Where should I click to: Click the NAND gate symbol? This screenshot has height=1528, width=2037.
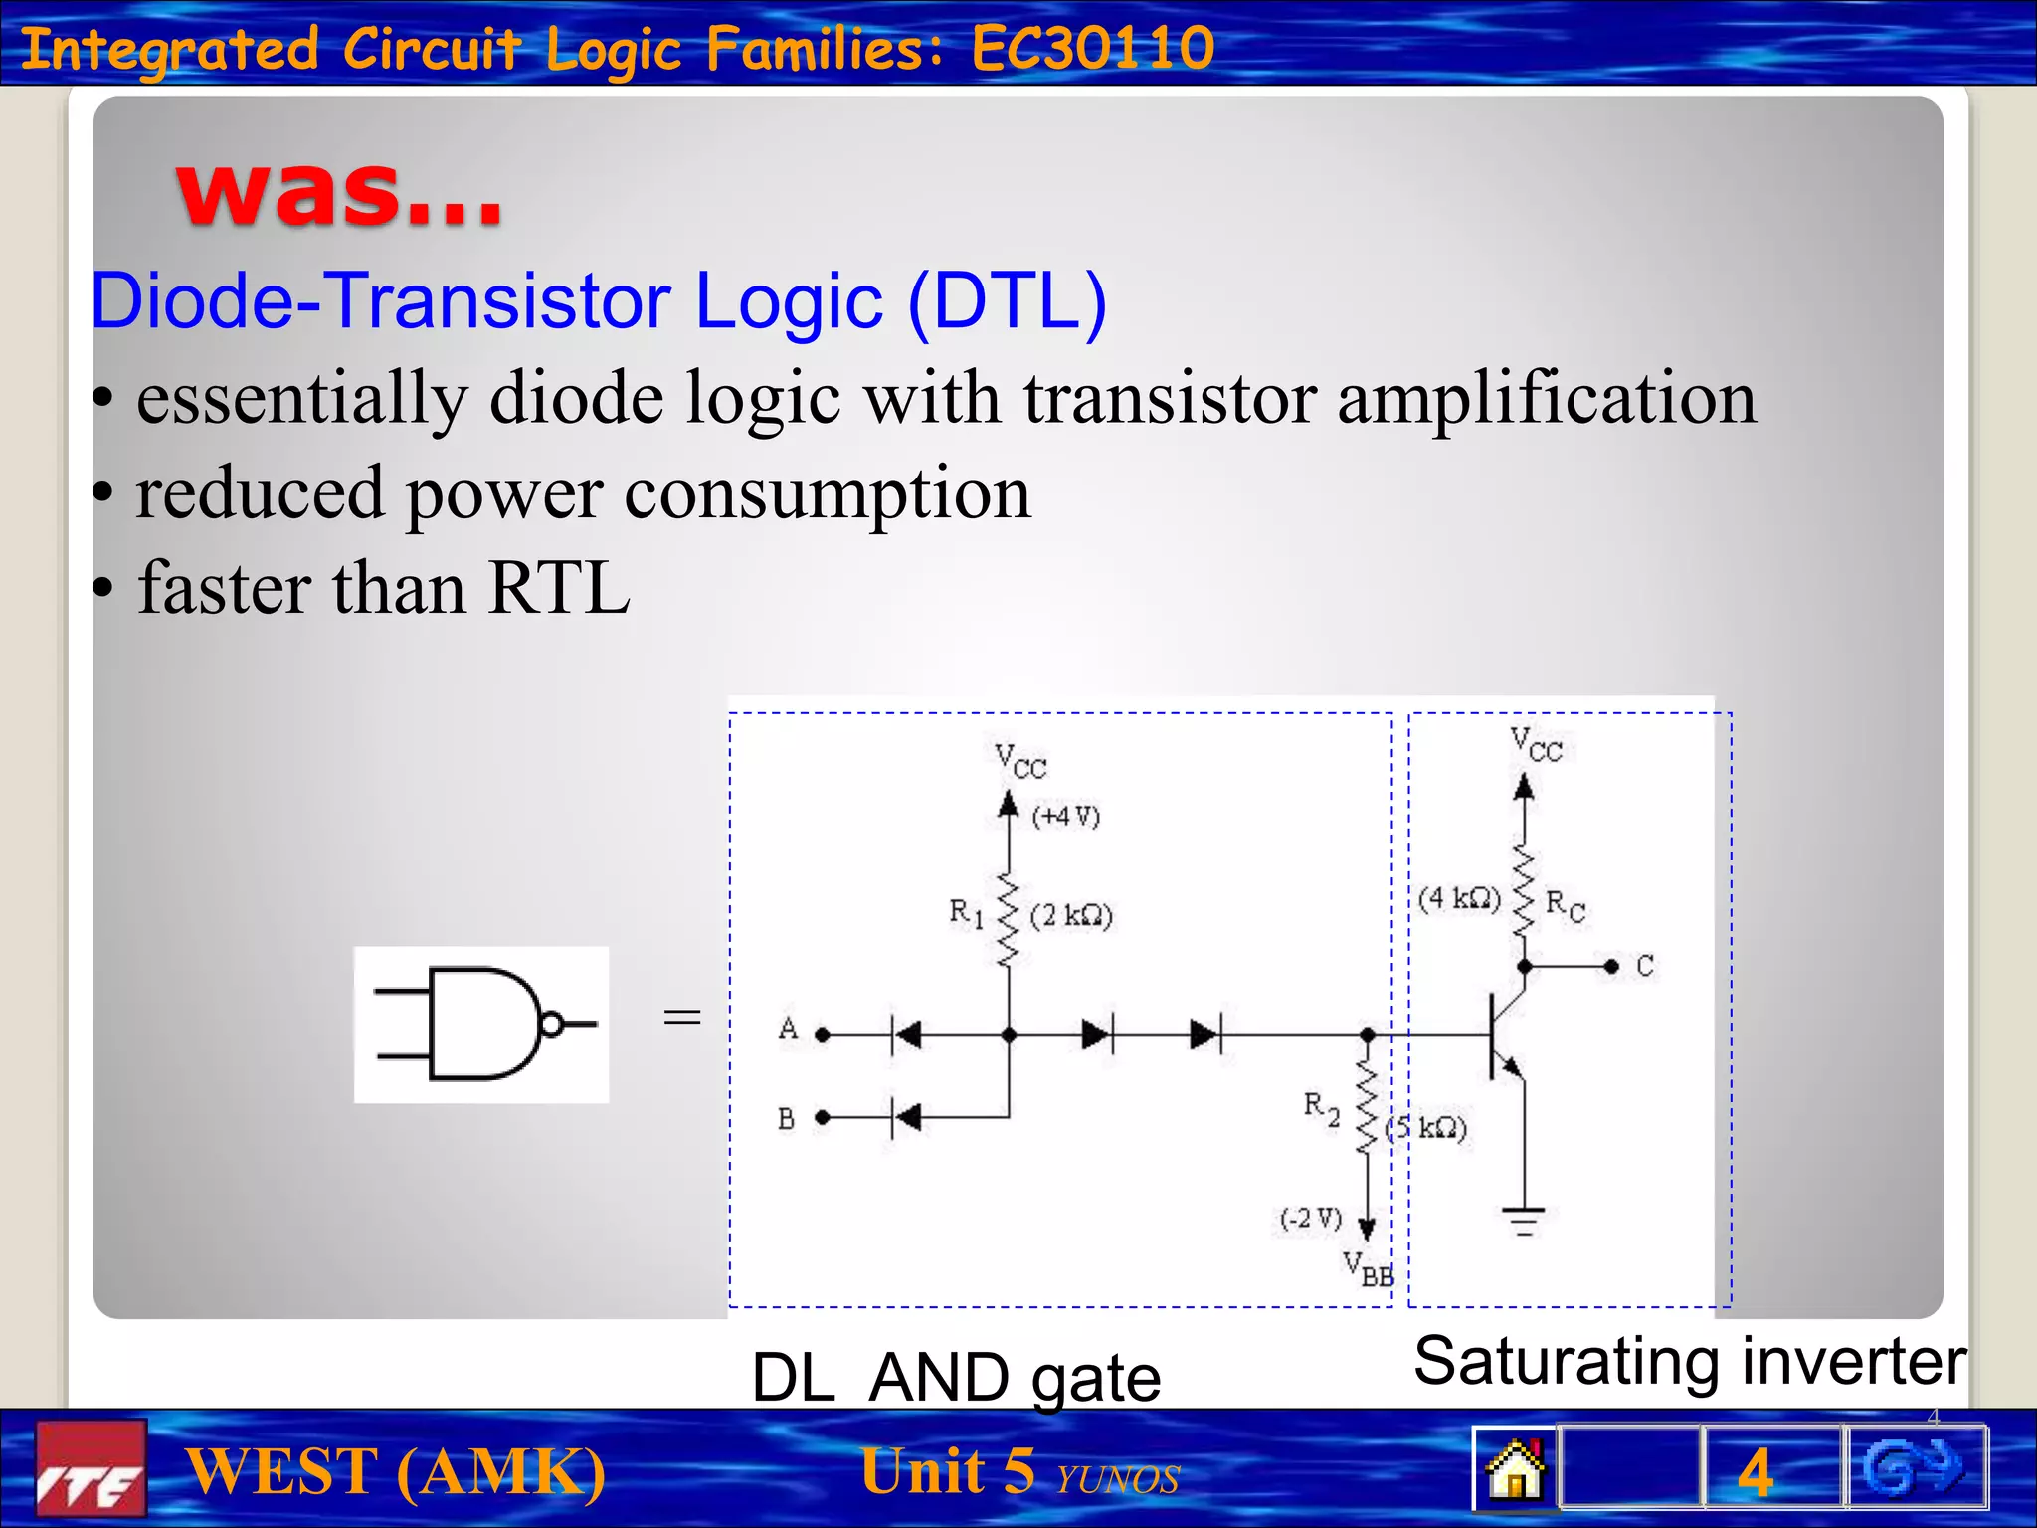481,1024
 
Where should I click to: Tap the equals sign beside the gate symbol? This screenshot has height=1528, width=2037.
682,1016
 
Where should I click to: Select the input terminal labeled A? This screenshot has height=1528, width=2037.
822,1035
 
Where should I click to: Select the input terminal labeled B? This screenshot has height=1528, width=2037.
822,1118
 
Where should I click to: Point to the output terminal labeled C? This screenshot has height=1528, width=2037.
1612,966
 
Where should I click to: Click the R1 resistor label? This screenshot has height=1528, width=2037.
966,913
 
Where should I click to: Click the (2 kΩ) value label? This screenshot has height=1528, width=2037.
1071,915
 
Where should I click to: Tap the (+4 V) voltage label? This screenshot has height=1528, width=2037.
1066,817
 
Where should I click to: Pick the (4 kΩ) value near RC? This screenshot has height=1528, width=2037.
1459,899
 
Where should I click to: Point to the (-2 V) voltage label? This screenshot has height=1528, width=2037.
1311,1219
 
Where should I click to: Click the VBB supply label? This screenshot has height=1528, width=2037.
1369,1269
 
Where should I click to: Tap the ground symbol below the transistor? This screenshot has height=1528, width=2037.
1523,1220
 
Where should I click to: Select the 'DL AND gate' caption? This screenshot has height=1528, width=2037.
956,1378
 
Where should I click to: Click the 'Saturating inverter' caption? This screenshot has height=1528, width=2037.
1689,1361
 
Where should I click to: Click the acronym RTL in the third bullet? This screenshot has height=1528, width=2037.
559,588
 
